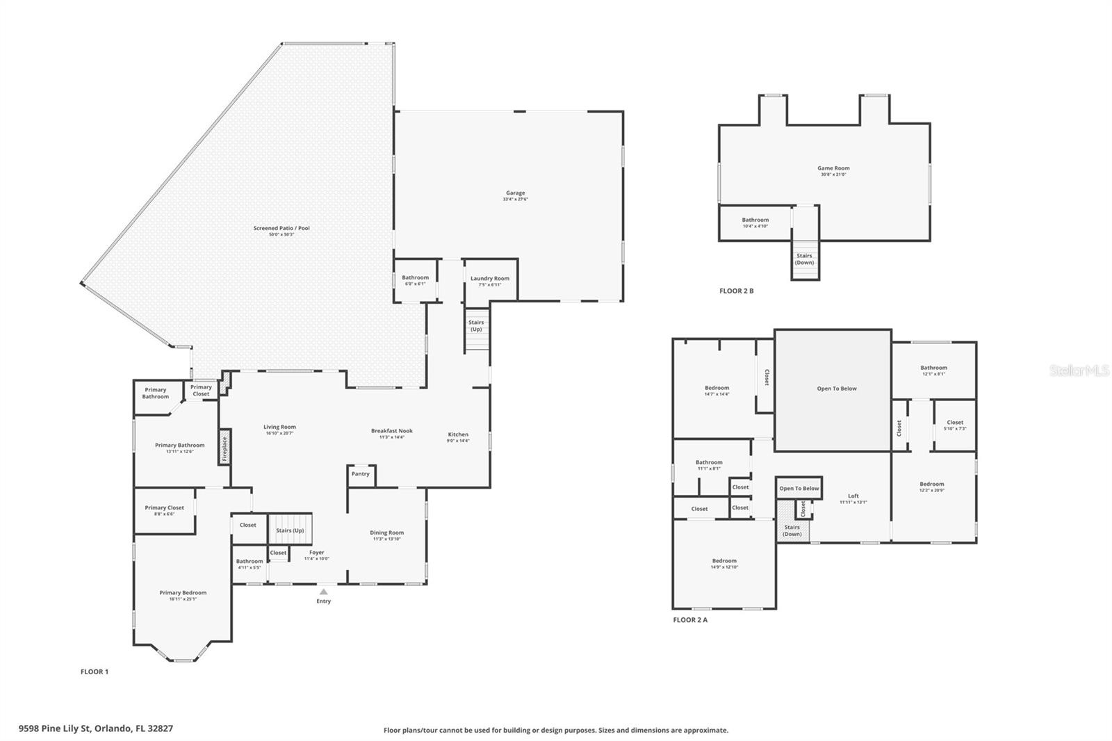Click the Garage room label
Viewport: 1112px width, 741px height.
[x=515, y=193]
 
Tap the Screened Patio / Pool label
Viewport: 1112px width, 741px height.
[x=281, y=228]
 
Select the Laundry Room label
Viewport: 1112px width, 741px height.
[x=489, y=279]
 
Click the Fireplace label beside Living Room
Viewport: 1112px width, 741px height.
[x=224, y=448]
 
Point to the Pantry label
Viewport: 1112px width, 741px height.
[x=360, y=474]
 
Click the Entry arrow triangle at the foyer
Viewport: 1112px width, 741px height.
[x=323, y=592]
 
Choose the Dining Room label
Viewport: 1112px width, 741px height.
[x=386, y=533]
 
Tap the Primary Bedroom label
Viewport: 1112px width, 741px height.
[x=183, y=593]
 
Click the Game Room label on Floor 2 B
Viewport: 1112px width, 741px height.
[x=833, y=168]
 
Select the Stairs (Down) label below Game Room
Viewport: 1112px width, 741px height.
[x=804, y=259]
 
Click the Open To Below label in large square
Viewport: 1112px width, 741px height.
[x=836, y=389]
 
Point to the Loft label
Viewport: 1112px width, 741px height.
[x=853, y=496]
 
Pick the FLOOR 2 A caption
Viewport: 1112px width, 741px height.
[x=689, y=619]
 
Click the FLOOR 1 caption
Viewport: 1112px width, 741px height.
[x=95, y=671]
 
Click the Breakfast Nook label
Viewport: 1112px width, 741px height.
[x=391, y=431]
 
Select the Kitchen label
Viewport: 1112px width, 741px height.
[x=458, y=434]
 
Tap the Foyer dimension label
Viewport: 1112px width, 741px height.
[x=316, y=558]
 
